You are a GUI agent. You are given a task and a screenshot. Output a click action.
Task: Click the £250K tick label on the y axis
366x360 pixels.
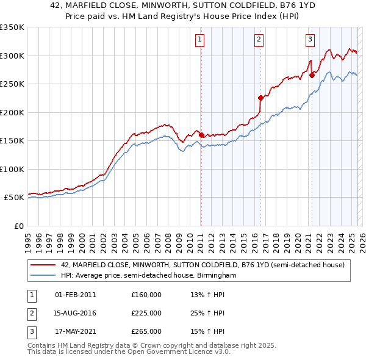[x=12, y=84]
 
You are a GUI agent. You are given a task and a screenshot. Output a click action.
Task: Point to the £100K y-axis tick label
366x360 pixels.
[x=12, y=169]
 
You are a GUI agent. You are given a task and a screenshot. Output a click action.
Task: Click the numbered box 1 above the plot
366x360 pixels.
[x=200, y=40]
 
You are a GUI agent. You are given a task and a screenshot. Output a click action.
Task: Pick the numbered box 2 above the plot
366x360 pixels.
[x=259, y=40]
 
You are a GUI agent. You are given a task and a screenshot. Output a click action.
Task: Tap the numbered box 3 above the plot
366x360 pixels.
[x=310, y=40]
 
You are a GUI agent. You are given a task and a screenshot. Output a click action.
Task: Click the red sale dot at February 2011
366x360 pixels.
[x=201, y=135]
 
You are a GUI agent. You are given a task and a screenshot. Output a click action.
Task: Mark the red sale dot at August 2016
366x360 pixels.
[x=260, y=98]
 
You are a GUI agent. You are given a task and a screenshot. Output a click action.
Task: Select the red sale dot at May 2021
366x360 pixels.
[x=312, y=75]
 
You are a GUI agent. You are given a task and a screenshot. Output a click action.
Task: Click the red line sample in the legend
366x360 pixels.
[x=43, y=265]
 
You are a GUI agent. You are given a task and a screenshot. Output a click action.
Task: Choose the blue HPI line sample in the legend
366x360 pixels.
[x=43, y=276]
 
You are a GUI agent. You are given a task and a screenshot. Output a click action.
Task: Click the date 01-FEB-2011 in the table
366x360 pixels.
[x=75, y=295]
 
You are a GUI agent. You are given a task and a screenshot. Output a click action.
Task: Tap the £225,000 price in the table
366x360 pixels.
[x=146, y=313]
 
